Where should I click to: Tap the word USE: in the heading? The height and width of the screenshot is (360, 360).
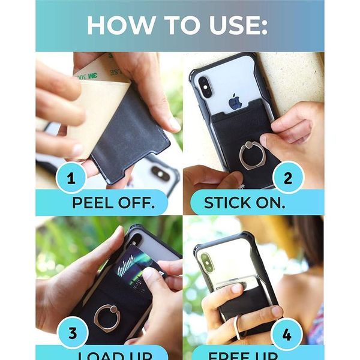(x=236, y=25)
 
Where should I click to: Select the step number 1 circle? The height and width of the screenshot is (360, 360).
(x=71, y=179)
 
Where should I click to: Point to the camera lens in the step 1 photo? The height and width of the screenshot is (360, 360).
(x=161, y=172)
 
